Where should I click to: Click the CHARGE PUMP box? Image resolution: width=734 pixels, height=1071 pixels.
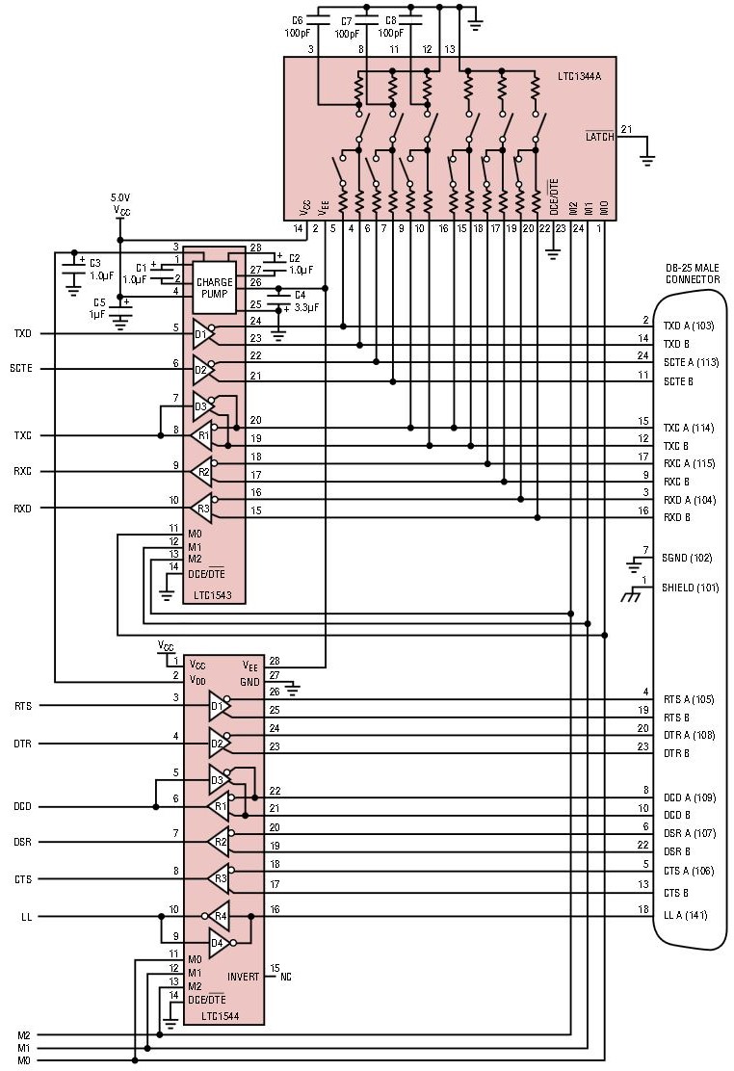point(214,288)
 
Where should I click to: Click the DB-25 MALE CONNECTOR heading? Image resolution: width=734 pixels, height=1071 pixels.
point(693,274)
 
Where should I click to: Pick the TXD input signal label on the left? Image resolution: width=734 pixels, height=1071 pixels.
point(22,334)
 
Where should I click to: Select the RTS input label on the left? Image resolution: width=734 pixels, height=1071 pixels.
point(22,706)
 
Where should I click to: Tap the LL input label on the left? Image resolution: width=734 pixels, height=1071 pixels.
point(26,917)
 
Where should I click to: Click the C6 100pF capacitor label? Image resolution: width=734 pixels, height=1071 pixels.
point(297,26)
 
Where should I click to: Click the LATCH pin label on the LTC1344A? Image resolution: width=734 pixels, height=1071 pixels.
point(599,137)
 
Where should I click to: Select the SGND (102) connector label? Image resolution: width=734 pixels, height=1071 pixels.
point(687,558)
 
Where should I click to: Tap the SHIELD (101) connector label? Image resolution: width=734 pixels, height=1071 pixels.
point(691,587)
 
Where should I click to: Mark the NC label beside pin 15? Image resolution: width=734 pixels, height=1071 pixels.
point(285,977)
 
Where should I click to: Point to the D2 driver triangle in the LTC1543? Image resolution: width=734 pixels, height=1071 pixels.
point(203,369)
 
